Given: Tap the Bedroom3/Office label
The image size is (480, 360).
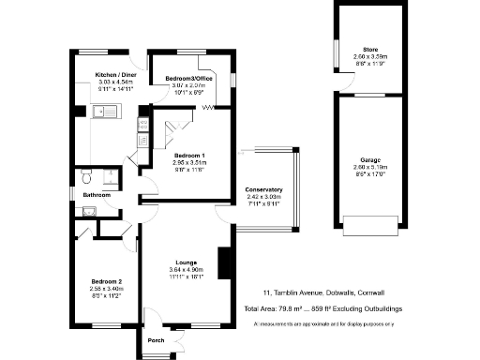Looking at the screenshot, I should point(185,79).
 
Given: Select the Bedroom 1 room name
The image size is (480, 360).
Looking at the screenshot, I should point(189,155).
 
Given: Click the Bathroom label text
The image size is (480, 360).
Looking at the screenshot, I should point(97,195).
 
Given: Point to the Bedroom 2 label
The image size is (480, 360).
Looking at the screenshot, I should point(105,281).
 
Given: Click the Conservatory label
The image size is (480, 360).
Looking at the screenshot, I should point(263,190).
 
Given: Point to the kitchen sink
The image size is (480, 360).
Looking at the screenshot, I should point(103,113).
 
